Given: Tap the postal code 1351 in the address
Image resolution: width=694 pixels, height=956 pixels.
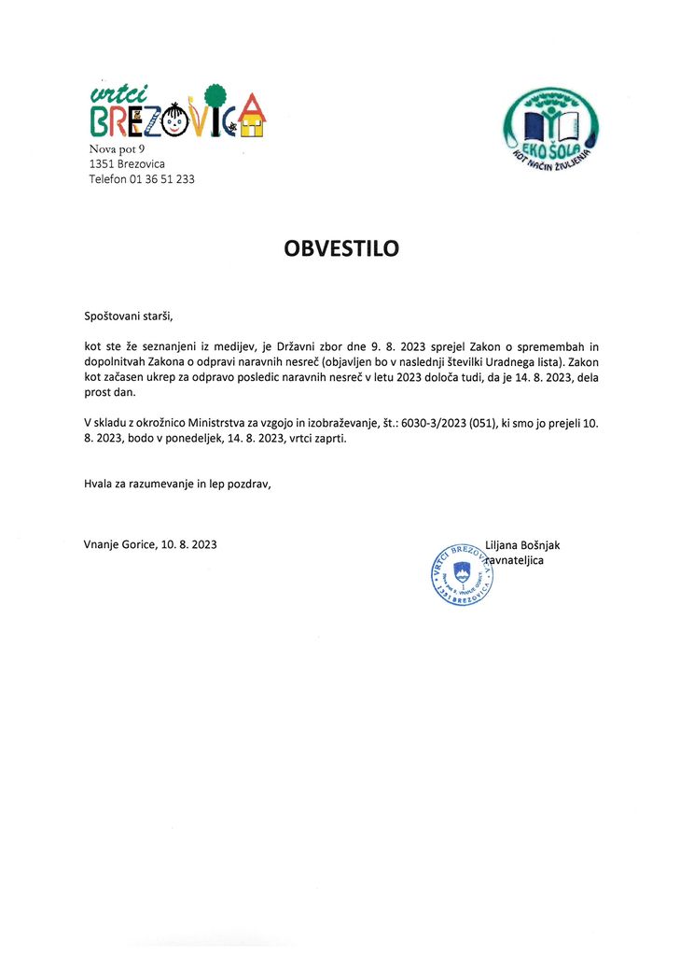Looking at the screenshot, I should (x=103, y=163).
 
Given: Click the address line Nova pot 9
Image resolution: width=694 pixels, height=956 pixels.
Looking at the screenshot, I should (x=117, y=148).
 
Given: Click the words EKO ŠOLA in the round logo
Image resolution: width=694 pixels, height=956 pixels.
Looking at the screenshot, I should (x=550, y=150).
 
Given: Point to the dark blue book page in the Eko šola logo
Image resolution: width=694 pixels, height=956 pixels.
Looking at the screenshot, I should (x=534, y=125).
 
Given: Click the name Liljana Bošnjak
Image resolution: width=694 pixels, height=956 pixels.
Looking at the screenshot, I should (x=522, y=545).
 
